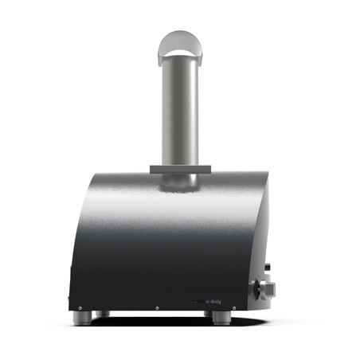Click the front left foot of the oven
tap(83, 318)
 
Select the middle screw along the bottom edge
tap(158, 307)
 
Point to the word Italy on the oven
tap(216, 301)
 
